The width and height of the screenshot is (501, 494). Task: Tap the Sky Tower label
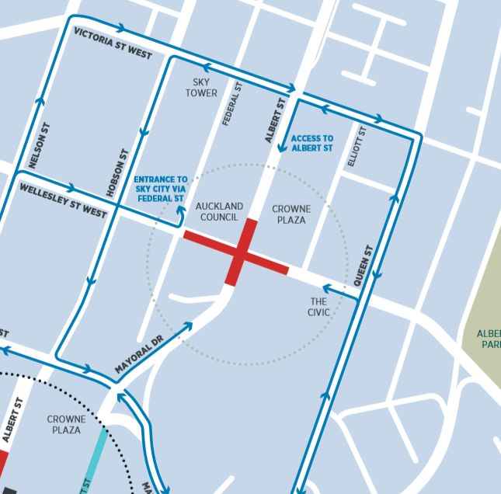(201, 88)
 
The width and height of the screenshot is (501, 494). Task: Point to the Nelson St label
(38, 145)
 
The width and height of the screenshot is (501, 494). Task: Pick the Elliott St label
(357, 147)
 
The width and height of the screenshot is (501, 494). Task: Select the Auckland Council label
(219, 212)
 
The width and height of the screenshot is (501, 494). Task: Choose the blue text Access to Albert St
(312, 143)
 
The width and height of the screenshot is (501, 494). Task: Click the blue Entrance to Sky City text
(161, 188)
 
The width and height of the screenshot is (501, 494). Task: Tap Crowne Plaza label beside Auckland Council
(291, 214)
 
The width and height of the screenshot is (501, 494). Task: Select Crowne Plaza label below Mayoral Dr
(66, 425)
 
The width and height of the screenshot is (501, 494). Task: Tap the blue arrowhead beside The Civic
(327, 290)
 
